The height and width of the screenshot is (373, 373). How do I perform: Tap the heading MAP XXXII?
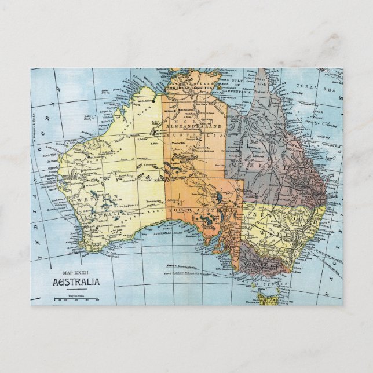[x=76, y=272]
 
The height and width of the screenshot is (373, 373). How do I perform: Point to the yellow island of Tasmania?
[x=268, y=298]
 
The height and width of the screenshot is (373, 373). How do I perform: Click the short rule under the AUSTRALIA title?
[x=75, y=290]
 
